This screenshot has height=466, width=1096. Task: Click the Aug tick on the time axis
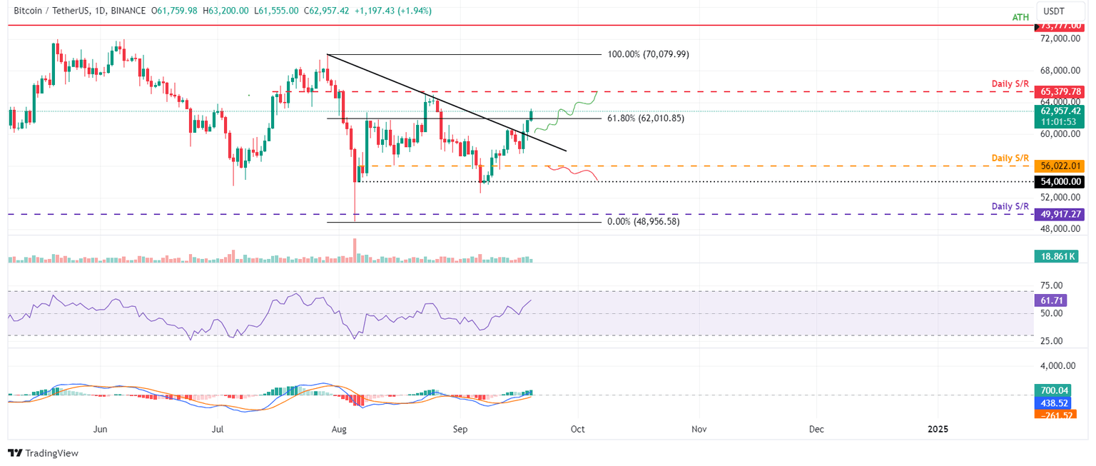point(339,430)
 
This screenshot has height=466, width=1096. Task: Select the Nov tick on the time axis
point(699,430)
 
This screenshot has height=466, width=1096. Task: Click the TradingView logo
point(43,453)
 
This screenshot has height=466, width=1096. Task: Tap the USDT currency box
point(1053,11)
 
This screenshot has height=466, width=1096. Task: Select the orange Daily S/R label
point(1010,157)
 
